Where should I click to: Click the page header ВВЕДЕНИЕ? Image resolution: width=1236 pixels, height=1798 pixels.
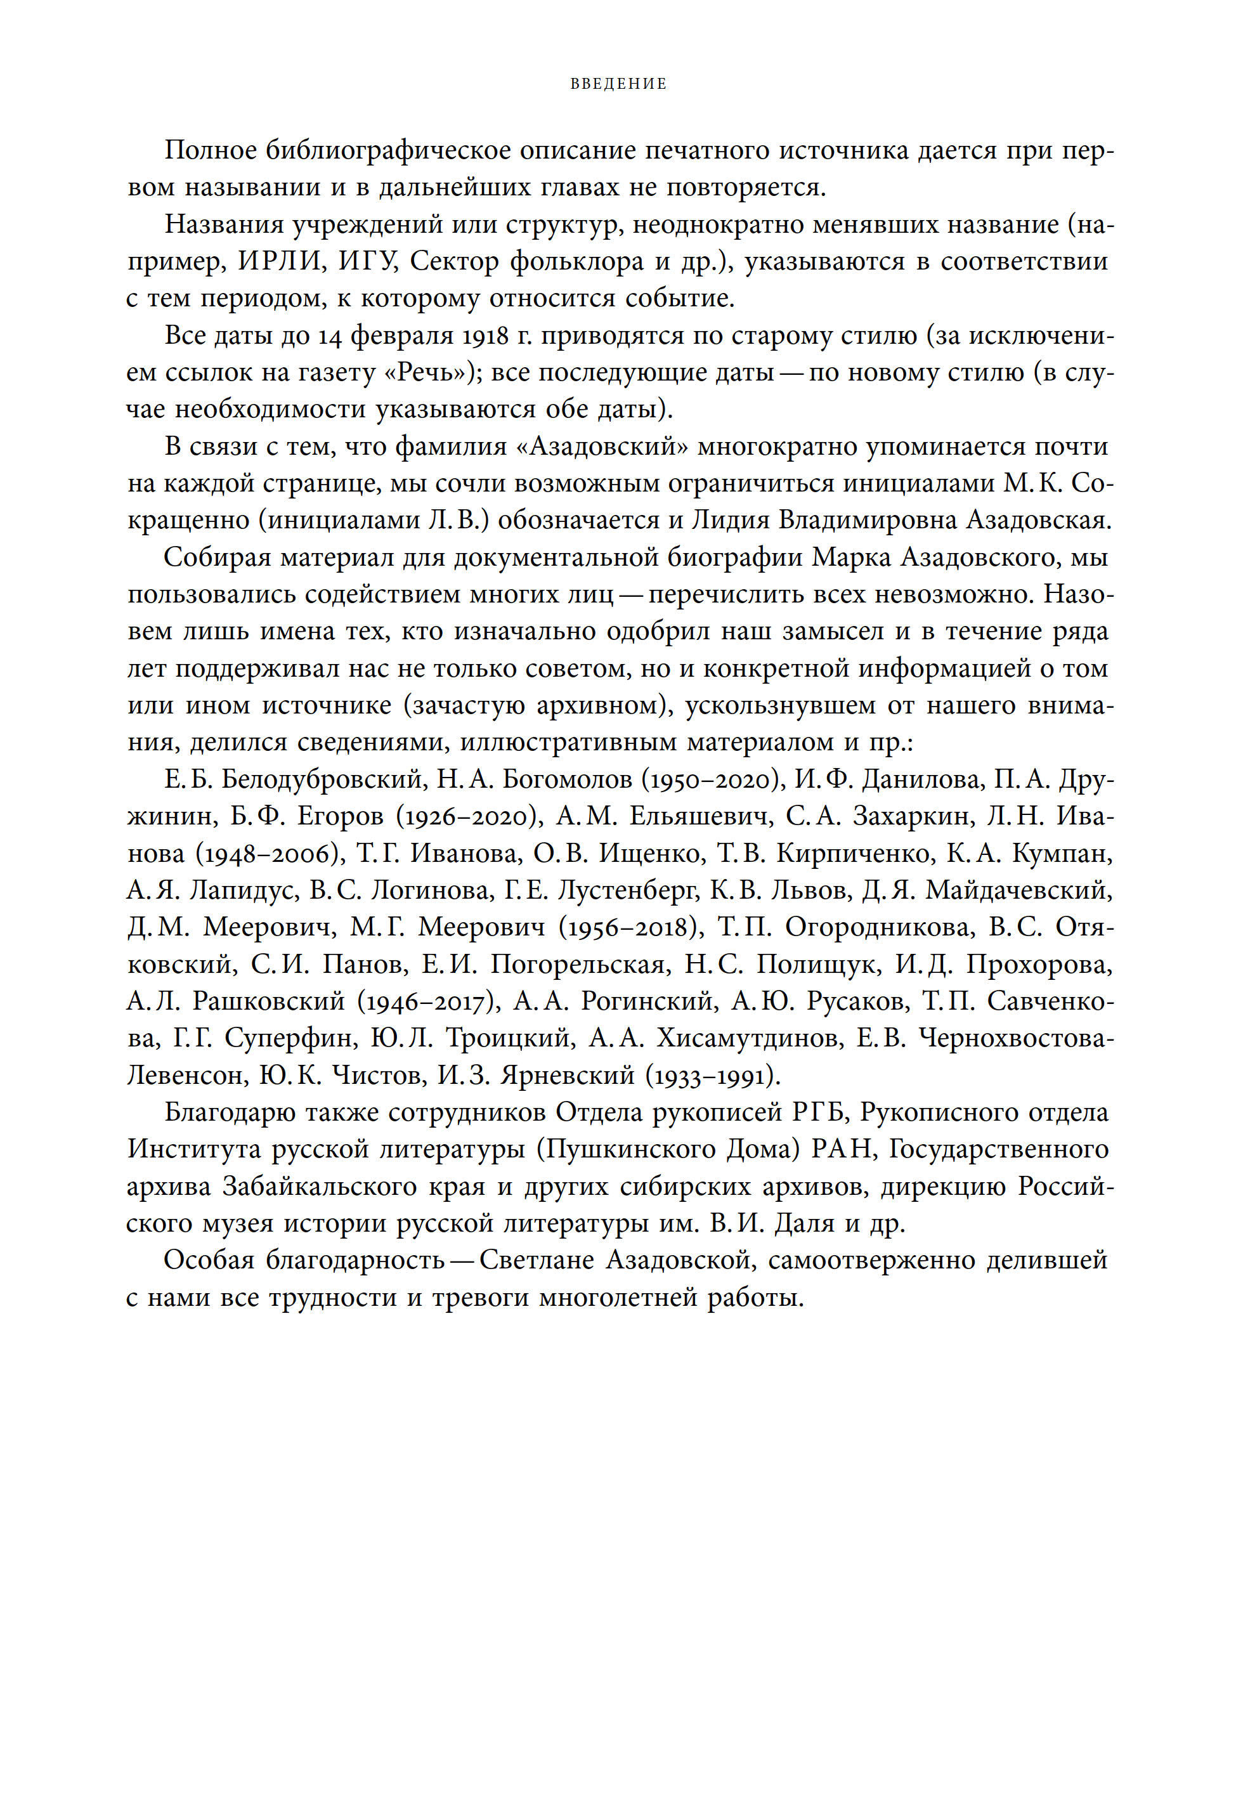pyautogui.click(x=618, y=84)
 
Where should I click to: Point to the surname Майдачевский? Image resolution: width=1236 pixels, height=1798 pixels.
pyautogui.click(x=1019, y=890)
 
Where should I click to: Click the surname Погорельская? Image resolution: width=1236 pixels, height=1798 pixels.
pyautogui.click(x=578, y=965)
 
